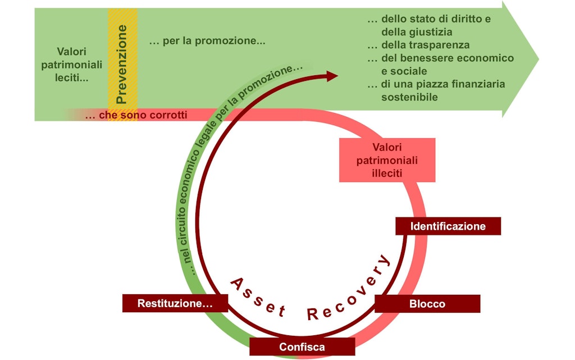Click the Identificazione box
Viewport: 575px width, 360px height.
pyautogui.click(x=448, y=226)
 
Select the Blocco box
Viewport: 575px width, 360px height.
pyautogui.click(x=427, y=304)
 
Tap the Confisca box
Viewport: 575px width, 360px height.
pyautogui.click(x=302, y=347)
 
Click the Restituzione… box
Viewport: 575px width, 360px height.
pyautogui.click(x=175, y=303)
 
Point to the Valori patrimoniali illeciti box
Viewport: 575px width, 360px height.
pyautogui.click(x=387, y=160)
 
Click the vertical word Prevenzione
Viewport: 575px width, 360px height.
pyautogui.click(x=122, y=63)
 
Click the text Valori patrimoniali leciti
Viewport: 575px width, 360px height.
pyautogui.click(x=72, y=64)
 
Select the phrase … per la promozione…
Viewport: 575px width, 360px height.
pyautogui.click(x=207, y=41)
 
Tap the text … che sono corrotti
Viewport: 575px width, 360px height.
pyautogui.click(x=136, y=115)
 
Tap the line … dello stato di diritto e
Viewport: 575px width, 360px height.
pyautogui.click(x=429, y=19)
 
